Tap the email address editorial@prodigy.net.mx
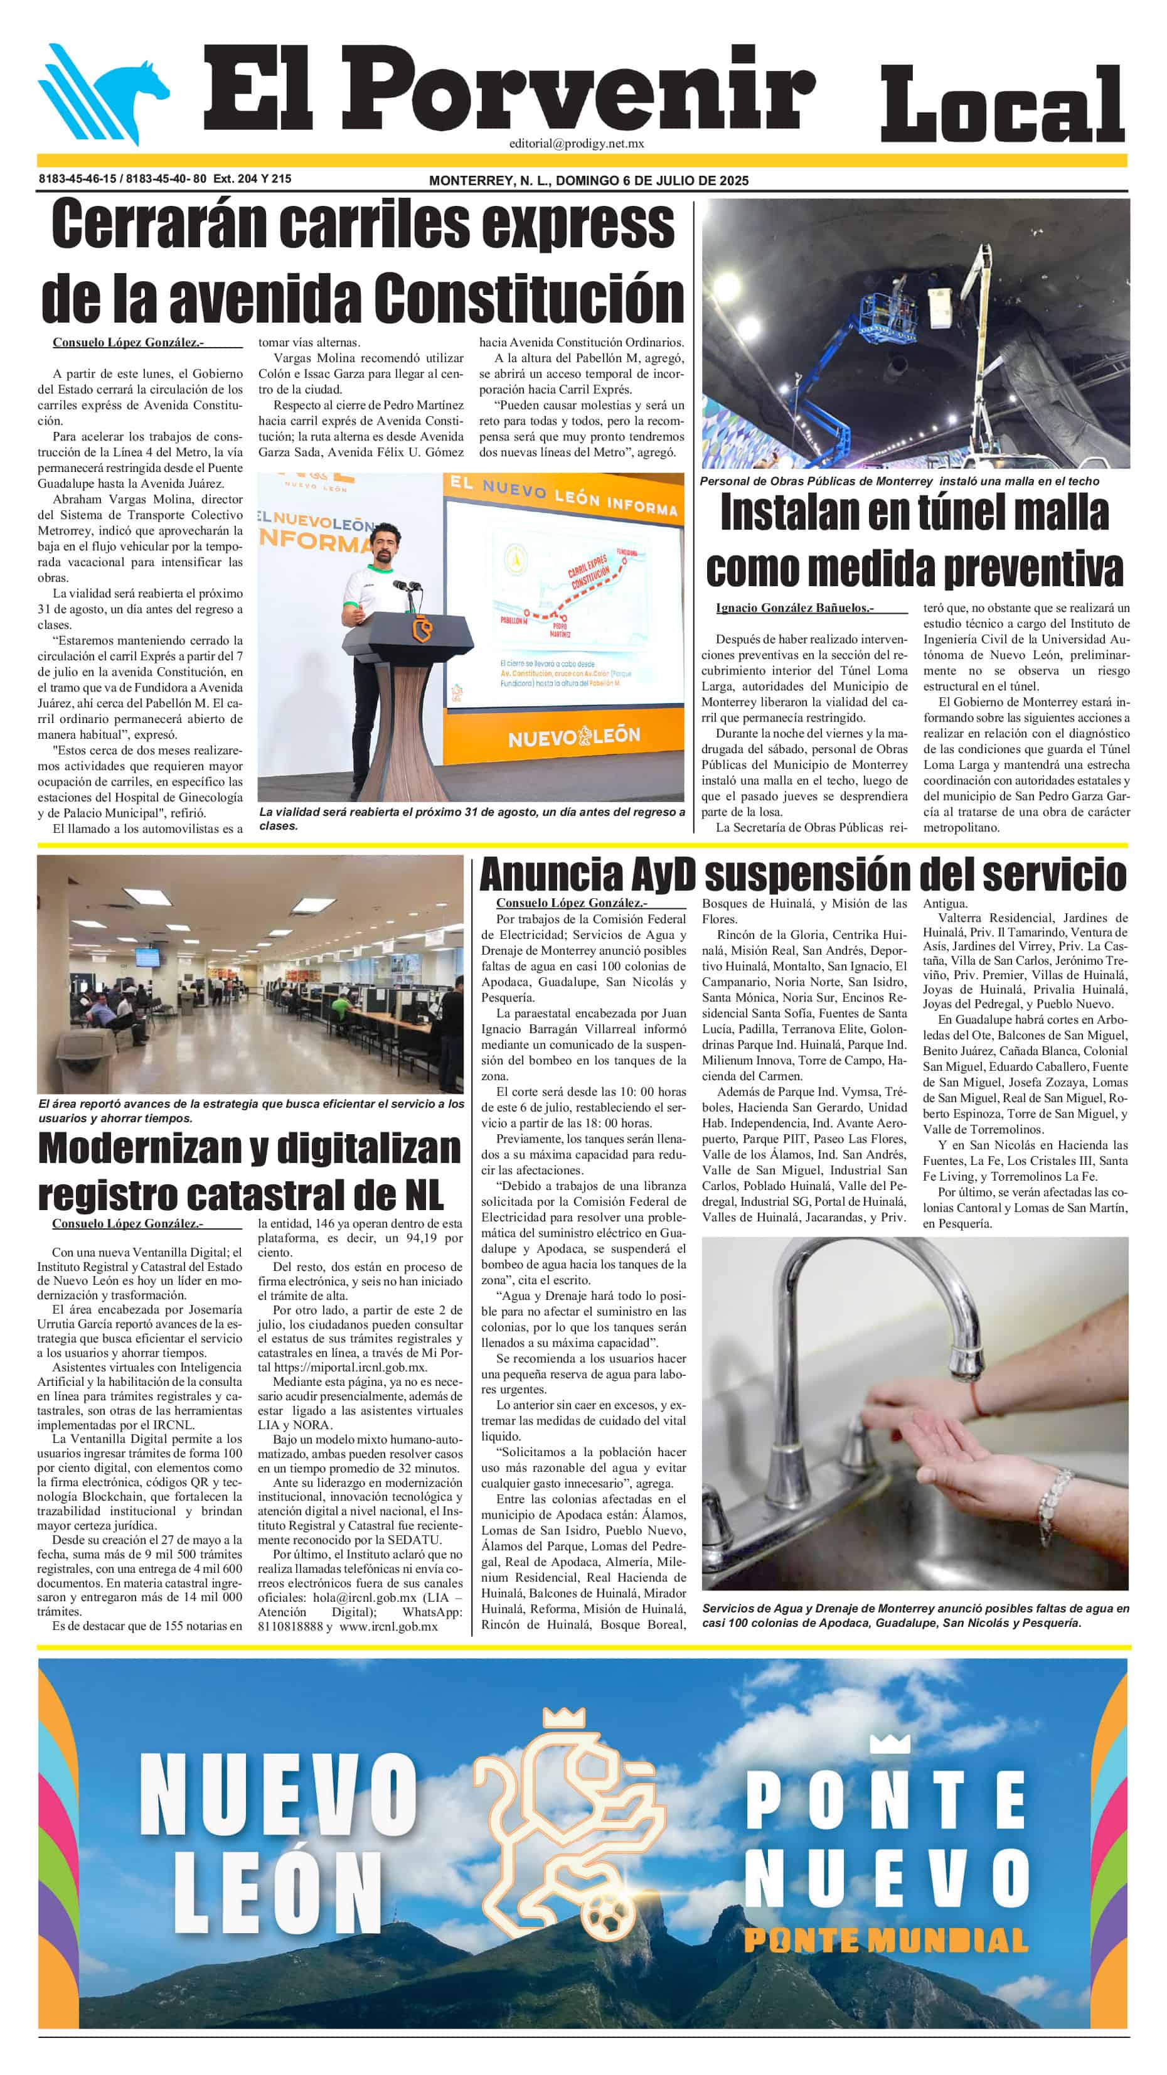click(576, 143)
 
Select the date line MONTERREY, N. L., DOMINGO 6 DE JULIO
click(588, 180)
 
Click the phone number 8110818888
click(290, 1626)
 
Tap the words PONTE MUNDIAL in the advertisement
click(887, 1939)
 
